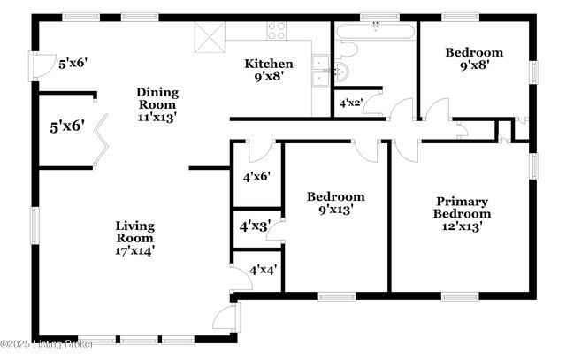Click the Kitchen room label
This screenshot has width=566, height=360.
coord(263,63)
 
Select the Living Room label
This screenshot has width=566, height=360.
coord(134,226)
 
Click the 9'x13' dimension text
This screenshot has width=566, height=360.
coord(336,210)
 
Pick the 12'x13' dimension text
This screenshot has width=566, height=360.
coord(462,226)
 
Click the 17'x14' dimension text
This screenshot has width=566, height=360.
coord(134,250)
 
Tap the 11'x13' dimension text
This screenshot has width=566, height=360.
coord(157,117)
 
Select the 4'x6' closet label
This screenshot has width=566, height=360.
coord(256,176)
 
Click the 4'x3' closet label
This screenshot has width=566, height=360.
coord(255,226)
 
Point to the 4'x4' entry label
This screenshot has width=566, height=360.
coord(263,270)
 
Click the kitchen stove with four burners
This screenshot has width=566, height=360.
coord(277,31)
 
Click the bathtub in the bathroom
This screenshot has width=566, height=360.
coord(375,33)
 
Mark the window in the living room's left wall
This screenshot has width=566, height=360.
coord(35,226)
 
